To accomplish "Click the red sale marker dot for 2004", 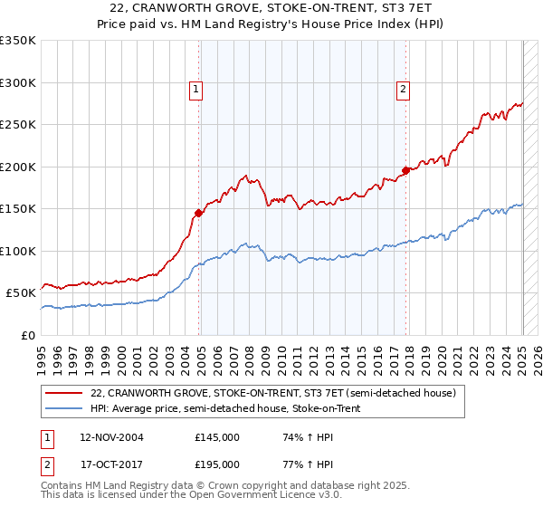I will click(198, 213).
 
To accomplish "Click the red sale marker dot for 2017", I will click(405, 170).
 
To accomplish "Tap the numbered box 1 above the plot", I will click(196, 89).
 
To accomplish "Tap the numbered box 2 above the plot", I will click(403, 89).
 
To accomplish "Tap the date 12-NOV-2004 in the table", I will click(111, 437).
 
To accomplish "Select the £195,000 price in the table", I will click(217, 464).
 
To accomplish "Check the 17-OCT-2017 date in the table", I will click(111, 464).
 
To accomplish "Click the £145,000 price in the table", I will click(217, 437).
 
